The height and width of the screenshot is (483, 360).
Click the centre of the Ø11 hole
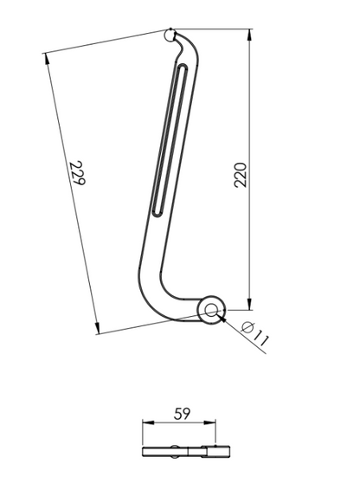(x=210, y=311)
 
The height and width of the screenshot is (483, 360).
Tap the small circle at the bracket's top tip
(x=170, y=35)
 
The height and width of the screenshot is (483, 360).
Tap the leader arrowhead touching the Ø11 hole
(x=222, y=317)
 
